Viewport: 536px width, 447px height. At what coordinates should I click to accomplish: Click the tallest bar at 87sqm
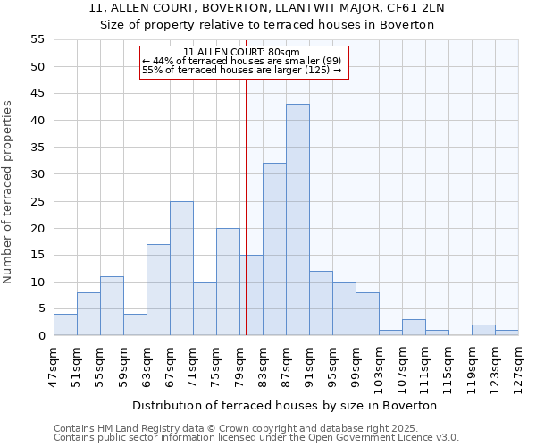[297, 220]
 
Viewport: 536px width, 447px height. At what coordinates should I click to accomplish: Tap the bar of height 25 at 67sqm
[181, 268]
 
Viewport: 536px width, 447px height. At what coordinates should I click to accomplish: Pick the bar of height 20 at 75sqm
[228, 282]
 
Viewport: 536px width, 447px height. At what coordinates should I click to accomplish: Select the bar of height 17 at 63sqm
[158, 290]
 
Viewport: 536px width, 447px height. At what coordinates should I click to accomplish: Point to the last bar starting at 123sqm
[507, 333]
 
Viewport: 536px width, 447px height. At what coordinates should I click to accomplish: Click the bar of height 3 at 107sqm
[414, 327]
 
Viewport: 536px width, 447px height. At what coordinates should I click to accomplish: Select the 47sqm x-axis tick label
[54, 367]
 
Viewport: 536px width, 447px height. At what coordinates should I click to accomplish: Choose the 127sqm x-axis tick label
[518, 369]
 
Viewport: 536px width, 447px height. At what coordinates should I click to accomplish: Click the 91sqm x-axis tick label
[309, 367]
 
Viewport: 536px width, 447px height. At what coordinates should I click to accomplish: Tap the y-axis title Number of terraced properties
[9, 192]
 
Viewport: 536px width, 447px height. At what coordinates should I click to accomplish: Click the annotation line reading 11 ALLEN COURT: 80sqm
[241, 52]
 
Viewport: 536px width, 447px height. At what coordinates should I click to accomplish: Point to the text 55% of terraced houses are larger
[241, 70]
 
